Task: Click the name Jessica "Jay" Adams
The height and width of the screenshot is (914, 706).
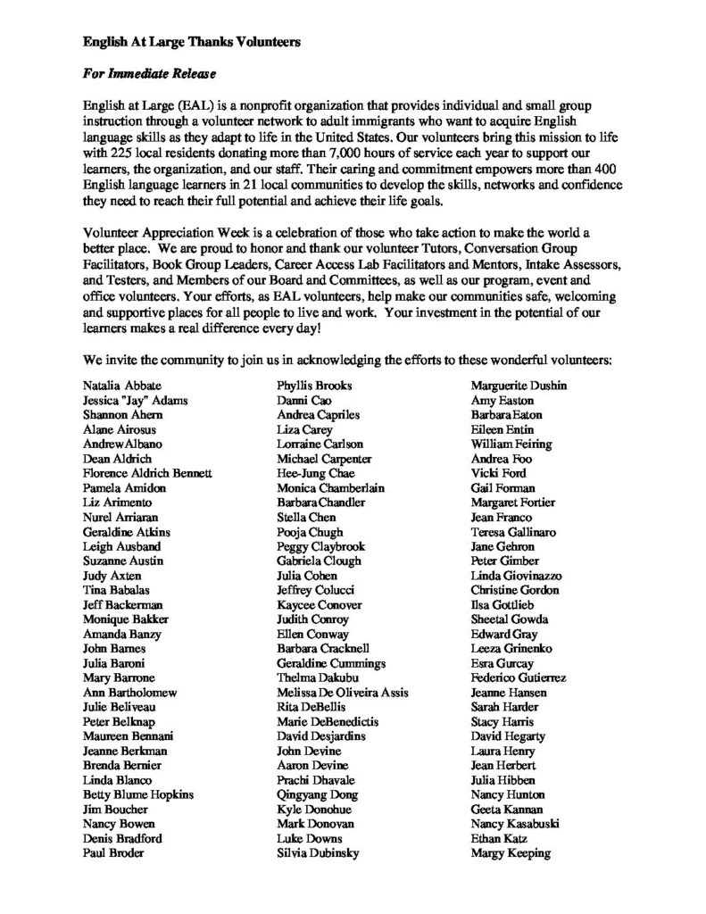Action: (135, 401)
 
